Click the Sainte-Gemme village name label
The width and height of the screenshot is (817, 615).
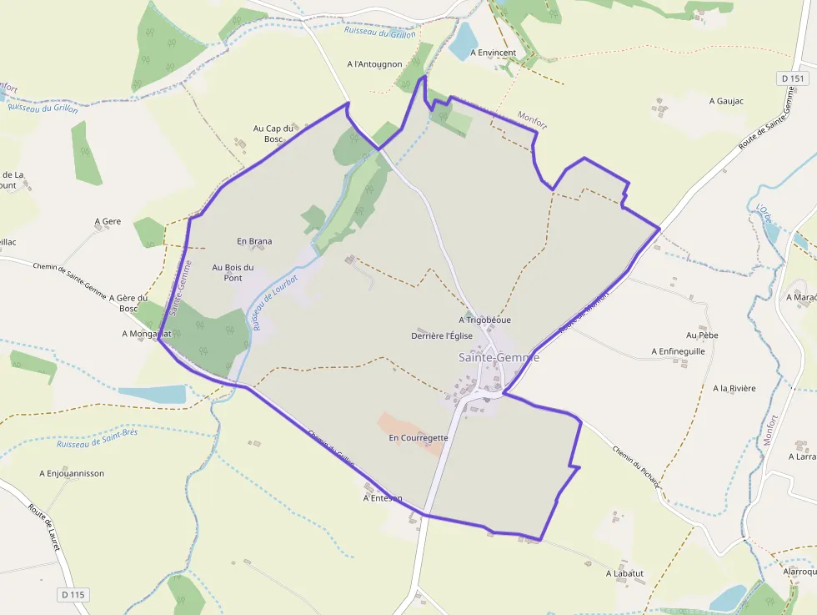click(x=499, y=357)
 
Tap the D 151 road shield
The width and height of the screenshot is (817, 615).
click(x=794, y=78)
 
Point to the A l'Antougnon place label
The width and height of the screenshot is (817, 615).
click(x=374, y=64)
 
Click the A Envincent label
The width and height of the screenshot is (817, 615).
click(x=493, y=53)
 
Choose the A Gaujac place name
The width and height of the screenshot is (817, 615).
click(x=725, y=101)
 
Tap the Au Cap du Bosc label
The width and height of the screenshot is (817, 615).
click(x=274, y=134)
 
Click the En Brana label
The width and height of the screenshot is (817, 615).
click(x=254, y=241)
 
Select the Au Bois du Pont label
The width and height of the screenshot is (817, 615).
click(x=233, y=272)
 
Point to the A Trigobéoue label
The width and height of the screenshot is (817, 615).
click(x=484, y=320)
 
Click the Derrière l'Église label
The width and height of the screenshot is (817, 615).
click(x=442, y=335)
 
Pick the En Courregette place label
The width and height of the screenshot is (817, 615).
click(x=419, y=437)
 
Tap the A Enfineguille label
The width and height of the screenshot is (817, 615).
click(x=678, y=351)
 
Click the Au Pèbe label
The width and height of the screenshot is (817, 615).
click(x=702, y=335)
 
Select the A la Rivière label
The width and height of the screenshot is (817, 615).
click(x=734, y=388)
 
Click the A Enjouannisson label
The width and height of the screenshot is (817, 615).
click(x=72, y=473)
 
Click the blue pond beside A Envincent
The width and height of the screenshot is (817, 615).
click(x=463, y=42)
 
